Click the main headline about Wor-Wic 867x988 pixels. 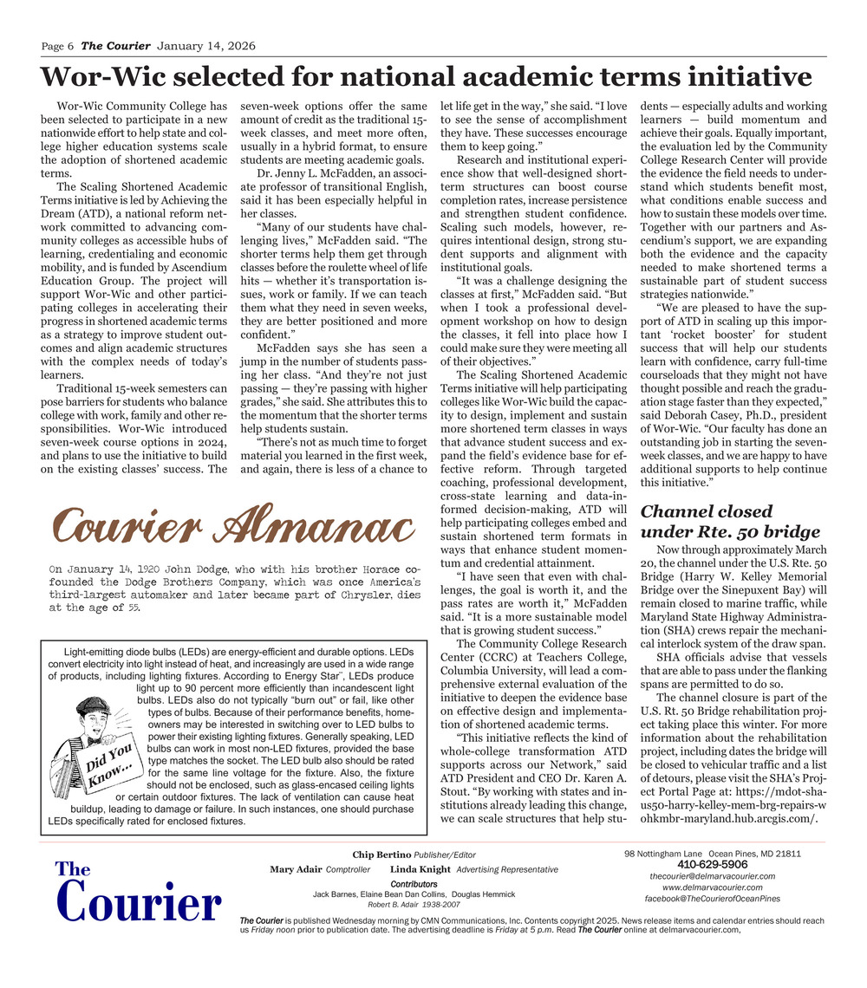pos(426,77)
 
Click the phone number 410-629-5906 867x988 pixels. pos(712,865)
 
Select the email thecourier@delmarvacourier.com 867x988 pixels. pos(712,876)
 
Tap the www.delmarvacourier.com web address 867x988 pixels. pos(712,887)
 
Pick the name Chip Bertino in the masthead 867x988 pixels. pos(381,855)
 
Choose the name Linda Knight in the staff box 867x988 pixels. pos(420,869)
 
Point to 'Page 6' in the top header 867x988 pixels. pos(58,46)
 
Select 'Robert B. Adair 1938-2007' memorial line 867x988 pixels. pos(414,904)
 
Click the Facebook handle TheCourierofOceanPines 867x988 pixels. pos(712,899)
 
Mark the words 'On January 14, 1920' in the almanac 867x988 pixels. pos(104,569)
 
